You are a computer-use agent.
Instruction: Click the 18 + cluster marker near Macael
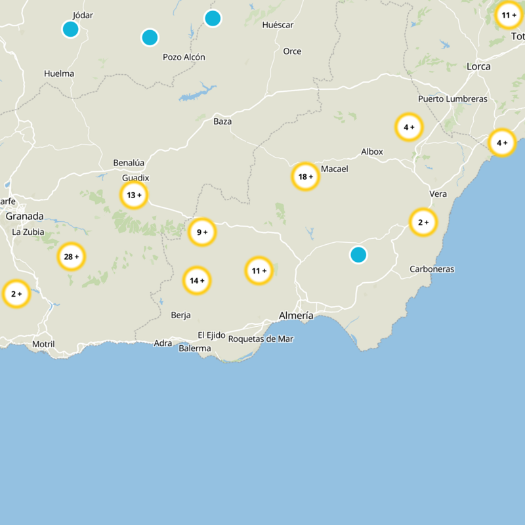(x=305, y=177)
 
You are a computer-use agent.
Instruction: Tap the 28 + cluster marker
(x=71, y=257)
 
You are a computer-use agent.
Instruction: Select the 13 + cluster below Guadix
(x=134, y=195)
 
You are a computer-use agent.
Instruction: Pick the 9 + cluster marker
(x=202, y=232)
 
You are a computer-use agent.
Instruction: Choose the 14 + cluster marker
(x=197, y=281)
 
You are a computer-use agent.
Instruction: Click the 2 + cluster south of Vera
(x=423, y=222)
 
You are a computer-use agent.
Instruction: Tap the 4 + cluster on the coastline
(x=502, y=142)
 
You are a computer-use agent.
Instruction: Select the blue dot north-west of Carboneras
(x=358, y=255)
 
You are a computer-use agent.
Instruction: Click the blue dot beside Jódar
(x=70, y=30)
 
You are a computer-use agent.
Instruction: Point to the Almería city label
(x=296, y=316)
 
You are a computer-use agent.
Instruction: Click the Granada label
(x=24, y=216)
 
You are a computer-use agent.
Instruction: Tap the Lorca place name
(x=478, y=66)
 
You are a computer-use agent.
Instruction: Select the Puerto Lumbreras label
(x=453, y=99)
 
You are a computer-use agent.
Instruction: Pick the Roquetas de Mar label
(x=261, y=339)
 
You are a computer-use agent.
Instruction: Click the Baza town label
(x=222, y=121)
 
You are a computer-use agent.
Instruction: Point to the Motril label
(x=43, y=344)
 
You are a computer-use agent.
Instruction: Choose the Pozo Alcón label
(x=184, y=57)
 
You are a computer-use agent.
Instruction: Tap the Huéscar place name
(x=277, y=25)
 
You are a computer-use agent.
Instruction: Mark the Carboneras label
(x=432, y=269)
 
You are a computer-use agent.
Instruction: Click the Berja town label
(x=180, y=315)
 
